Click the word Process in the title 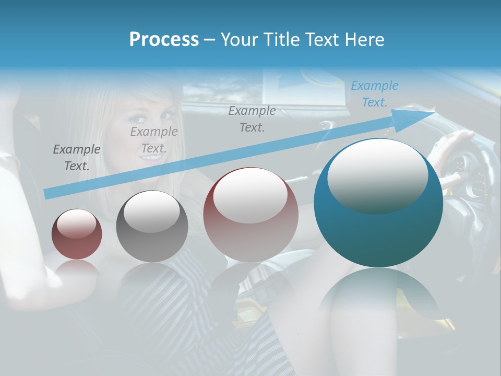[164, 40]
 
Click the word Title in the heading [281, 40]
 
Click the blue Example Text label [374, 94]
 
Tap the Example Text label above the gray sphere [153, 140]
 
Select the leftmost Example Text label [76, 158]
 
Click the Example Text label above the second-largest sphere [252, 119]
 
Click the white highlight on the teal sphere [377, 175]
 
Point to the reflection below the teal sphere [378, 298]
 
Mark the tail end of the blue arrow [47, 194]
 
